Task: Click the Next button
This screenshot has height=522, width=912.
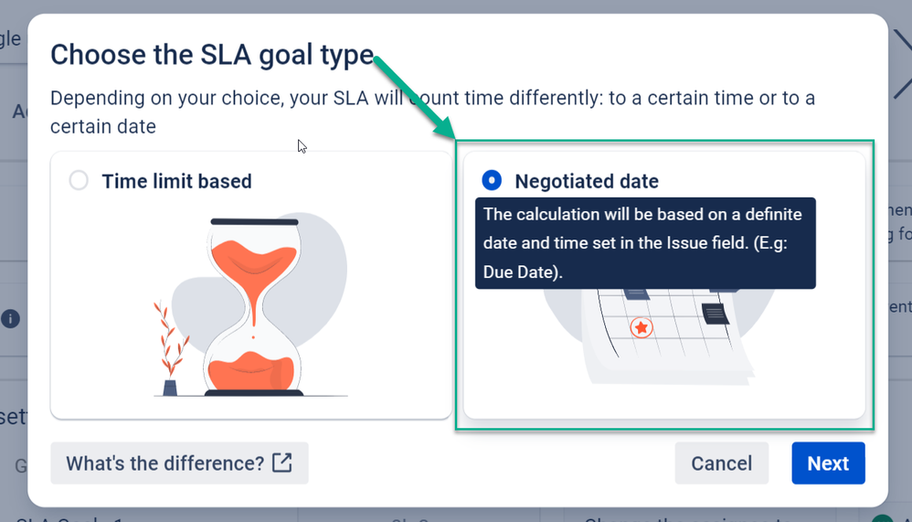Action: [828, 463]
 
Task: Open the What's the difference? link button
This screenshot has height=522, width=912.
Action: [179, 463]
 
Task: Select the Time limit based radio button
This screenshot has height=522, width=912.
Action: [79, 180]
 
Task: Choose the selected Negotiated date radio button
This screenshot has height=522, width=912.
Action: [492, 180]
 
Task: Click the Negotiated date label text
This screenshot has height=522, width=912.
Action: [587, 181]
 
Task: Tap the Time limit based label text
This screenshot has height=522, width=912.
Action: [176, 181]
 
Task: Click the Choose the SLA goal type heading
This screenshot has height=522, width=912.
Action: [212, 55]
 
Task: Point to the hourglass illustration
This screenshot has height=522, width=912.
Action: [253, 306]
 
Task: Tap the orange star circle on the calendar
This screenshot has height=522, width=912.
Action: [642, 327]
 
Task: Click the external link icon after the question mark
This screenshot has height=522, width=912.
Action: [282, 463]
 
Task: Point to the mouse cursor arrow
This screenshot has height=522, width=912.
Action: [302, 146]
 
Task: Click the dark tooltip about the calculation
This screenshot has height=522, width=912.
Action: [644, 243]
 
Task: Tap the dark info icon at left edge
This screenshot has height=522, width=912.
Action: [10, 318]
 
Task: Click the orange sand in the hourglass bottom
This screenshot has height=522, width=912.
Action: [251, 369]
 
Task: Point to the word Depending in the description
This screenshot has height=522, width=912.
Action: [98, 98]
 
